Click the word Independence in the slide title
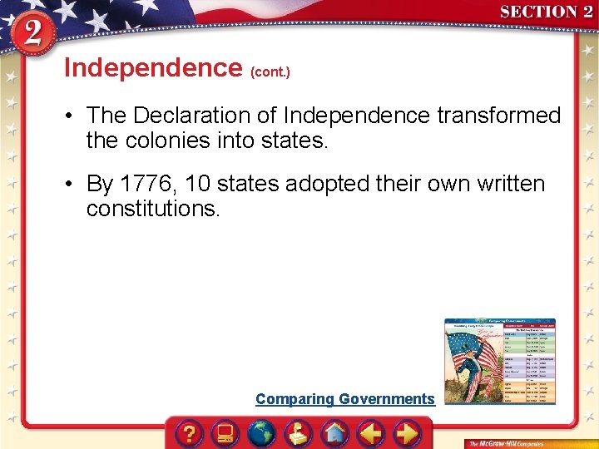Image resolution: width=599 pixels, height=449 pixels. click(x=152, y=67)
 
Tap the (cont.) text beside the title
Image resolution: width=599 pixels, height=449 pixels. click(x=270, y=72)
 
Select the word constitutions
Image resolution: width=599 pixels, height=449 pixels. click(x=153, y=209)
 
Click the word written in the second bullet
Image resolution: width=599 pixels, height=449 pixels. click(x=504, y=184)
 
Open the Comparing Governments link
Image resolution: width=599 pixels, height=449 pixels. click(x=344, y=399)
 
